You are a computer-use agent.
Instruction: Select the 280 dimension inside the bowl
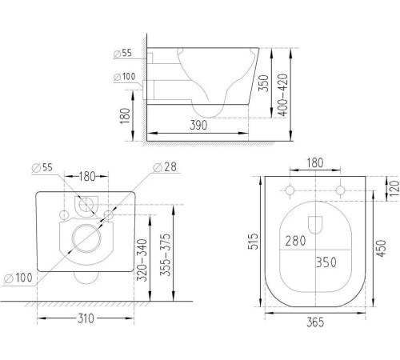coord(294,240)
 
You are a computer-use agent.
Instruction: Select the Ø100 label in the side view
coord(125,77)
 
